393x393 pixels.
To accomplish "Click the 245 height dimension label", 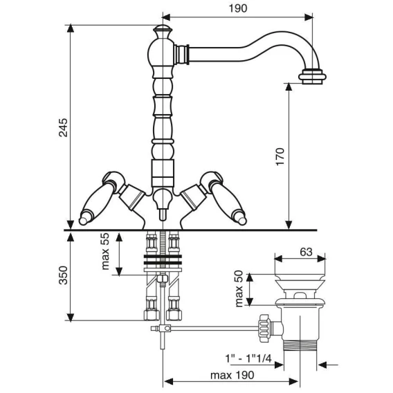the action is pyautogui.click(x=63, y=127).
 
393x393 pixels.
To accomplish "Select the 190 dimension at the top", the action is pyautogui.click(x=238, y=8).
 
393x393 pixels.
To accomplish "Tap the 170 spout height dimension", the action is pyautogui.click(x=280, y=156).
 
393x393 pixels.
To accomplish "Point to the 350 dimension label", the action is pyautogui.click(x=63, y=275).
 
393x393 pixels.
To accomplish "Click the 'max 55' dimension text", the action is pyautogui.click(x=105, y=251).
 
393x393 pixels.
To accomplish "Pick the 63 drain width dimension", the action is pyautogui.click(x=307, y=252).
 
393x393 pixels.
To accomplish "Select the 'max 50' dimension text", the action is pyautogui.click(x=239, y=289).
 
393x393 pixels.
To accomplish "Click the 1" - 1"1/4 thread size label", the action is pyautogui.click(x=248, y=358).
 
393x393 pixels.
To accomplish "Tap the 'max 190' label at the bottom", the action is pyautogui.click(x=232, y=375).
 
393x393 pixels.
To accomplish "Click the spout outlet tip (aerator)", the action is pyautogui.click(x=312, y=76).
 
